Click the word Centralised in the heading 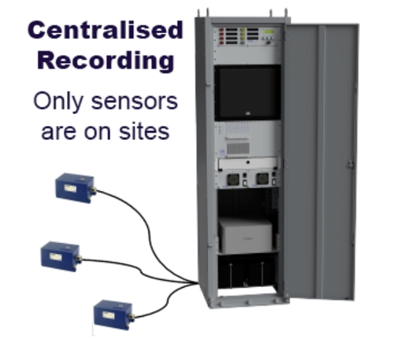[x=105, y=30]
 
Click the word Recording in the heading [x=105, y=61]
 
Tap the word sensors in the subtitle [x=135, y=102]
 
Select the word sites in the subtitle [x=144, y=132]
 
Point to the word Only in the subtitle [x=58, y=102]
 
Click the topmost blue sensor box [x=75, y=188]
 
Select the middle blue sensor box [x=61, y=256]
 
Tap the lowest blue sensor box [x=114, y=315]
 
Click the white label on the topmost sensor [x=70, y=188]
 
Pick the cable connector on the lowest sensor [x=132, y=316]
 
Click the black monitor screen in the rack [x=248, y=92]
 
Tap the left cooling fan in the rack [x=233, y=179]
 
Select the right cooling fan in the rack [x=262, y=179]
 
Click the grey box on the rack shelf [x=245, y=235]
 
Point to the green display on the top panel [x=269, y=32]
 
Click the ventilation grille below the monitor [x=238, y=148]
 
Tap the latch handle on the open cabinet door [x=350, y=165]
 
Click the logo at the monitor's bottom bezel [x=249, y=114]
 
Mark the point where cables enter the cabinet [x=197, y=283]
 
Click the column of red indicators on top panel [x=222, y=36]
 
